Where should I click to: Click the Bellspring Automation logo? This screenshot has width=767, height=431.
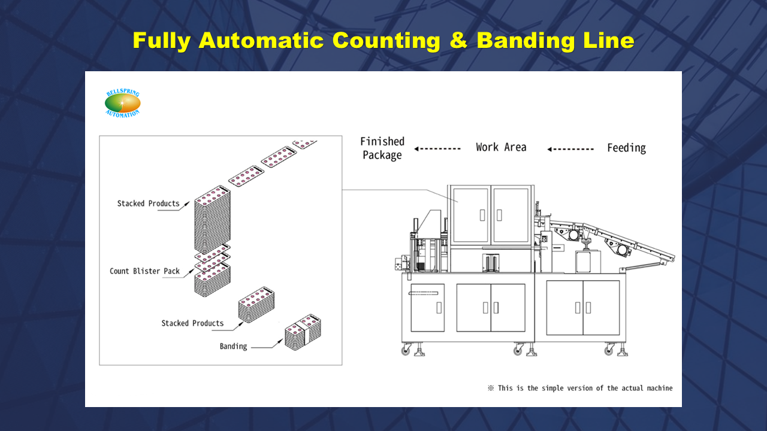[x=122, y=103]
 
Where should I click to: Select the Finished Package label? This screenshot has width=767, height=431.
[x=382, y=148]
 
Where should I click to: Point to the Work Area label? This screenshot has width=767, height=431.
[x=501, y=147]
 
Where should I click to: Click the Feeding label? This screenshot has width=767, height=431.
[x=626, y=148]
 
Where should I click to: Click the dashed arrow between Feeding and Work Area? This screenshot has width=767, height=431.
[x=570, y=149]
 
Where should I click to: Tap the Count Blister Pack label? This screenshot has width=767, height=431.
[x=144, y=271]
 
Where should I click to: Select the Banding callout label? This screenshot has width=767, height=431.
[x=233, y=346]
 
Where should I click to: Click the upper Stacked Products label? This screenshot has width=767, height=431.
[x=148, y=204]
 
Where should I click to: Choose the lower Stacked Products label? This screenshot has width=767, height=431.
[x=192, y=323]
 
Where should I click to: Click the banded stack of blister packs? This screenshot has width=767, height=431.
[x=303, y=333]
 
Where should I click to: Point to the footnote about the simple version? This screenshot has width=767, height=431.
[x=580, y=388]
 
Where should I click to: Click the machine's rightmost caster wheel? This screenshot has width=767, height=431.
[x=610, y=350]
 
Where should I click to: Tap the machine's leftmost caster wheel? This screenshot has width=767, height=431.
[x=406, y=350]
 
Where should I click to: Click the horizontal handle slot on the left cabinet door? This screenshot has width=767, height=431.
[x=423, y=293]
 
